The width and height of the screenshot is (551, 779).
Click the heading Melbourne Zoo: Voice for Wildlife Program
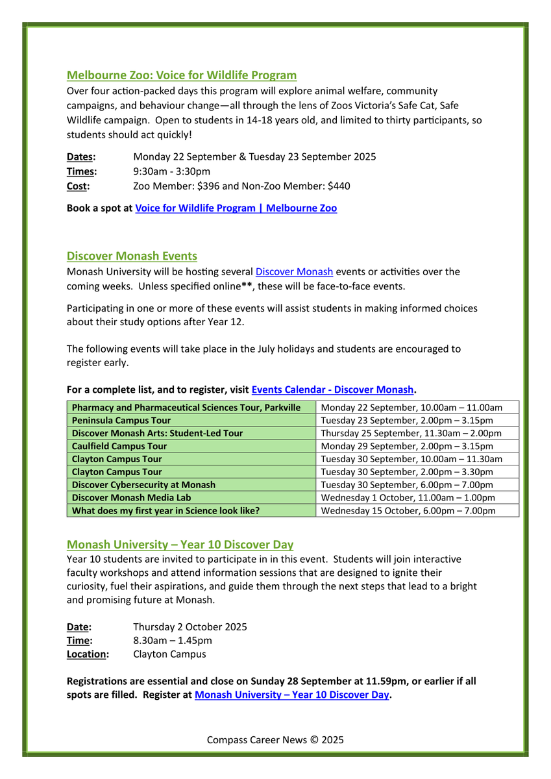tap(182, 75)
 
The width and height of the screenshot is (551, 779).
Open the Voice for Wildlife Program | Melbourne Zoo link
tap(236, 208)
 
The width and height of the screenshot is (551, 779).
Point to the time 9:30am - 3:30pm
tap(171, 171)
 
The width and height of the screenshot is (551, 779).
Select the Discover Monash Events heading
tap(132, 256)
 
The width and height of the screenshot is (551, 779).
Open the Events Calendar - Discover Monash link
tap(332, 389)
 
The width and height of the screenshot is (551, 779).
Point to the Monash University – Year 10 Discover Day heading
tap(180, 544)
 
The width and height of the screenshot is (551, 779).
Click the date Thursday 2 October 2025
tap(190, 627)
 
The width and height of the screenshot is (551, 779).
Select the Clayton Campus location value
tap(169, 654)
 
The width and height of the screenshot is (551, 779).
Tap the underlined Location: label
tap(88, 654)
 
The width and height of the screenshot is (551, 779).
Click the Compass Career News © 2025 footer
tap(275, 740)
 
